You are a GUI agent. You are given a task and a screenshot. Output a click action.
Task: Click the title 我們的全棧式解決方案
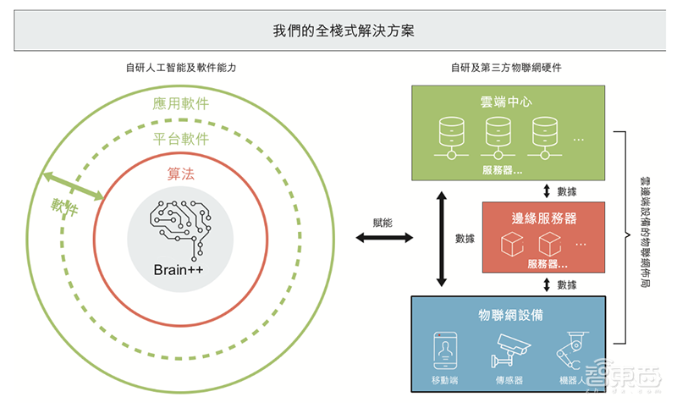(x=338, y=31)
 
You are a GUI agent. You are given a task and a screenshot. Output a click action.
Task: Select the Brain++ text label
(x=180, y=269)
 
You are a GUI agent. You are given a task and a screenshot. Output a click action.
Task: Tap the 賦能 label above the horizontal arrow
(x=383, y=222)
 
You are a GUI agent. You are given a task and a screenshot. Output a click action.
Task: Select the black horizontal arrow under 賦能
(x=383, y=239)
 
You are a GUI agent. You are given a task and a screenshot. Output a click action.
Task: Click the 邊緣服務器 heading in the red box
(x=545, y=218)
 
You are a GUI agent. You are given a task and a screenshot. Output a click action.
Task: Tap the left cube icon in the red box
(x=513, y=244)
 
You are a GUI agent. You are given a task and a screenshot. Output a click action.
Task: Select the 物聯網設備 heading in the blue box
(x=510, y=314)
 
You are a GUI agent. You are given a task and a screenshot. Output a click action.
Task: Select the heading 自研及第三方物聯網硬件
(x=508, y=68)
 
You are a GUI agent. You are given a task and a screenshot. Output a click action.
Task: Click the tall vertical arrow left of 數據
(x=440, y=238)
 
